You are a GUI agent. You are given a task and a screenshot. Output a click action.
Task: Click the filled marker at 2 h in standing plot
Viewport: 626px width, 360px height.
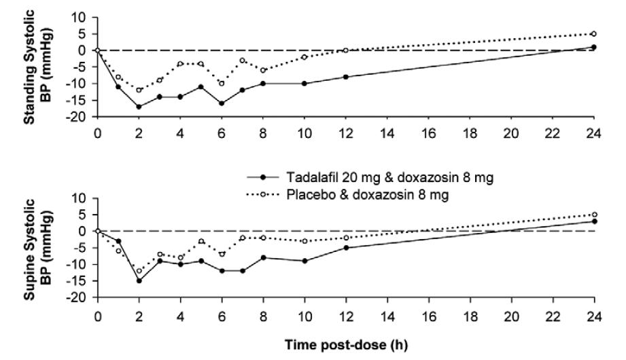(x=139, y=107)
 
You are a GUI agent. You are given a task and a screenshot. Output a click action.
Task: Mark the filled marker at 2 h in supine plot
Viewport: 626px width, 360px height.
(x=139, y=281)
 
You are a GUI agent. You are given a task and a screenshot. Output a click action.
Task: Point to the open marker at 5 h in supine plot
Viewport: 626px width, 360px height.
(x=201, y=241)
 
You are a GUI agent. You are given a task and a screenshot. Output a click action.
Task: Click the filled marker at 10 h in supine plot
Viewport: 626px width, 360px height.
(x=304, y=261)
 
